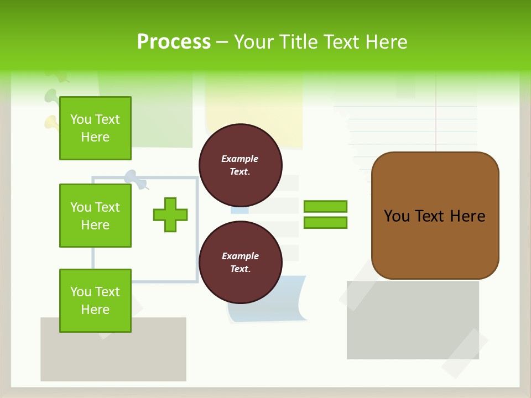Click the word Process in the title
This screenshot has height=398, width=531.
[x=174, y=42]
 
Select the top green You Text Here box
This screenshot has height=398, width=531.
[x=95, y=128]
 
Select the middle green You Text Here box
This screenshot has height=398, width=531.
[x=95, y=216]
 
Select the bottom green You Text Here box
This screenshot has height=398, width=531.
[x=95, y=301]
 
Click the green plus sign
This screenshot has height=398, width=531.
[x=170, y=214]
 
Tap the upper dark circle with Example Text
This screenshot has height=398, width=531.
[x=240, y=165]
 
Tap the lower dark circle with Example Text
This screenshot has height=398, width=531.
[x=240, y=263]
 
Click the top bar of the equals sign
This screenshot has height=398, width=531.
[x=325, y=206]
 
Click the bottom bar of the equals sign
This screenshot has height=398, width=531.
[x=325, y=222]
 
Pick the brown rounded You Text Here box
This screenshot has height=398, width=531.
[x=435, y=216]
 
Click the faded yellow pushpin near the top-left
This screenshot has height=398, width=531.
[x=51, y=122]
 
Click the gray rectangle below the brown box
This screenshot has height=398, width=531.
[x=412, y=321]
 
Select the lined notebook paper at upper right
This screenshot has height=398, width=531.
[x=409, y=127]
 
